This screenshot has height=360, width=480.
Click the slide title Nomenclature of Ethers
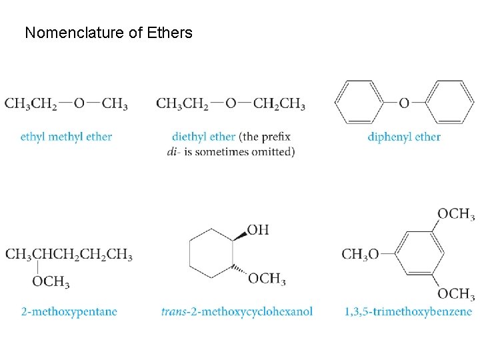(x=108, y=32)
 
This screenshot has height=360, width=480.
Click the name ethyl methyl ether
(x=66, y=137)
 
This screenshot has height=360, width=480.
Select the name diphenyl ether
(x=404, y=137)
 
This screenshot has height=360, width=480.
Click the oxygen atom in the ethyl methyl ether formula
(x=79, y=103)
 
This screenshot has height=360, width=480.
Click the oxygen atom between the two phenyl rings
(x=404, y=103)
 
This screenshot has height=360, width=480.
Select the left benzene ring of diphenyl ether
(x=361, y=103)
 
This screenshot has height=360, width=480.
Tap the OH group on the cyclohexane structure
(x=258, y=230)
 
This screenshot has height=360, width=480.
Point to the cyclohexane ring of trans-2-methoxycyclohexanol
(x=211, y=254)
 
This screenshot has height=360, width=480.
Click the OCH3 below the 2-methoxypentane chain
(x=51, y=282)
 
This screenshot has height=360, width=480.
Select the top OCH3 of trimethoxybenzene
(x=455, y=214)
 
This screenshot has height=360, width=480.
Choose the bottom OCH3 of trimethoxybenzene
(x=455, y=293)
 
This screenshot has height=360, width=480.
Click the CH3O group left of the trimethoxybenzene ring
(x=360, y=254)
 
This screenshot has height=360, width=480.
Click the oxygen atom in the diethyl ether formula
(x=231, y=103)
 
